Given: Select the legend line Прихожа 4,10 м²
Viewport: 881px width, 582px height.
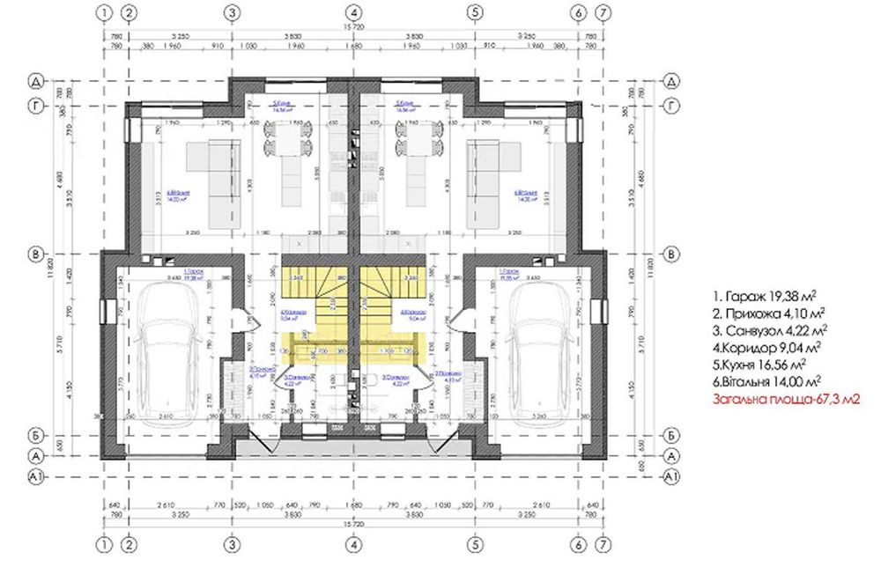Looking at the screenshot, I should (771, 313).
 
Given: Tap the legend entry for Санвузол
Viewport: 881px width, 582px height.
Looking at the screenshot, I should (771, 330).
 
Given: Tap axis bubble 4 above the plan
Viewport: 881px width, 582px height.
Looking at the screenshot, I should (352, 12).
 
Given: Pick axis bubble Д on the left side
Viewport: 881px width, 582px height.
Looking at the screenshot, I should (36, 81).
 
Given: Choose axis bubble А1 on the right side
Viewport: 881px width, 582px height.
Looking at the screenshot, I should (670, 476).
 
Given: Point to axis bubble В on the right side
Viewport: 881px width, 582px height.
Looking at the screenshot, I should (670, 254).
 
